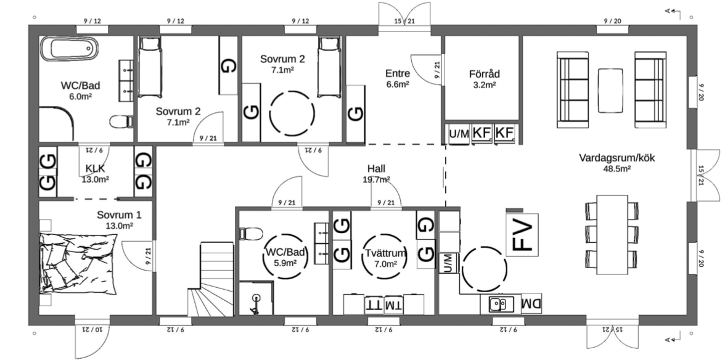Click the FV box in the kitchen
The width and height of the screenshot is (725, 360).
click(x=522, y=234)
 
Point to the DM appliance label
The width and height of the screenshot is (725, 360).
click(x=530, y=304)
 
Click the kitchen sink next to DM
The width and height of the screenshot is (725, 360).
click(x=501, y=304)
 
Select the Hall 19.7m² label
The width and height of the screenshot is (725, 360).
click(x=377, y=174)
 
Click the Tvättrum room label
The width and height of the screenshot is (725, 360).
click(x=385, y=258)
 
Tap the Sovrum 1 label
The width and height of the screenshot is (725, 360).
click(x=119, y=221)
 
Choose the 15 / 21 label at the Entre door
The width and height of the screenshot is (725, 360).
click(x=404, y=22)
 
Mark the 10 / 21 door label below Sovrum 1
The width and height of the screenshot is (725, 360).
click(x=90, y=329)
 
